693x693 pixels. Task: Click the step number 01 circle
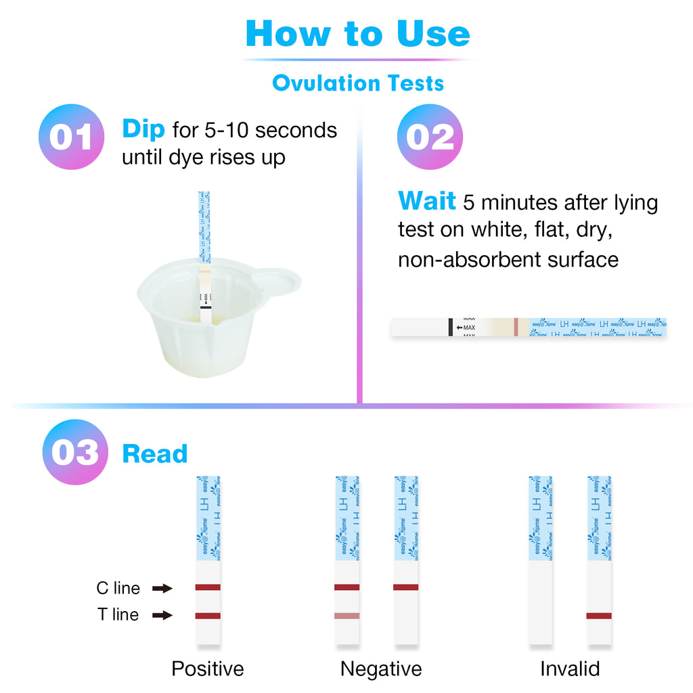pyautogui.click(x=71, y=137)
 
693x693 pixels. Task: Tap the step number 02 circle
pyautogui.click(x=429, y=137)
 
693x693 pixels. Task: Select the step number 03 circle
pyautogui.click(x=74, y=452)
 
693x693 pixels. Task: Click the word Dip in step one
pyautogui.click(x=143, y=129)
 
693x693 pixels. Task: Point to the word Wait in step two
pyautogui.click(x=427, y=202)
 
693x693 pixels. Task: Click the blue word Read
pyautogui.click(x=154, y=453)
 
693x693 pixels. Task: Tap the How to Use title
pyautogui.click(x=357, y=34)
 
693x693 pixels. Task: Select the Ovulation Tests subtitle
pyautogui.click(x=358, y=83)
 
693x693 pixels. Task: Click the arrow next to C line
pyautogui.click(x=162, y=589)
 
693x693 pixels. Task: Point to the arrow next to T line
pyautogui.click(x=162, y=616)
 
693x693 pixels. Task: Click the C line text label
pyautogui.click(x=118, y=588)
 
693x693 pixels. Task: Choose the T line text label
pyautogui.click(x=118, y=615)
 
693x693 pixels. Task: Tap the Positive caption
pyautogui.click(x=207, y=669)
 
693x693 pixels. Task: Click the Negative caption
pyautogui.click(x=381, y=669)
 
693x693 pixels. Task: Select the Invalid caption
pyautogui.click(x=570, y=669)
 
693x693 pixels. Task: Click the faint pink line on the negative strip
pyautogui.click(x=346, y=616)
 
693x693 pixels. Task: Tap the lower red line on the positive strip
pyautogui.click(x=208, y=616)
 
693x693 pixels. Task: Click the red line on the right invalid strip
pyautogui.click(x=599, y=616)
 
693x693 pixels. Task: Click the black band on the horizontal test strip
pyautogui.click(x=450, y=328)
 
